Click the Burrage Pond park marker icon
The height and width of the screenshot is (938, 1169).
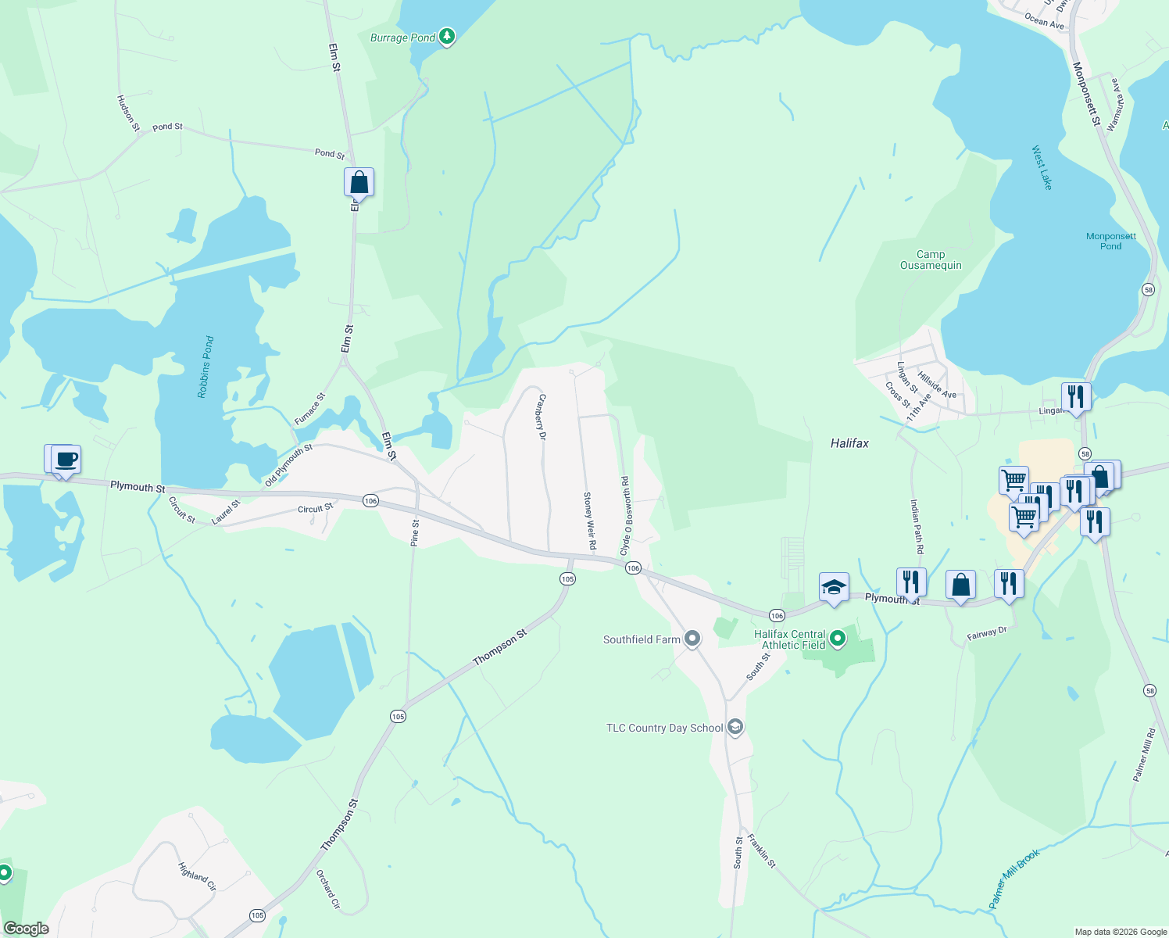point(446,36)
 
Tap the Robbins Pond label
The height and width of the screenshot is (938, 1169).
point(206,367)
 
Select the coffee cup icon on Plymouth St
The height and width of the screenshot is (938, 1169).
point(66,459)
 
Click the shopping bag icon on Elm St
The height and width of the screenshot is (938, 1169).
point(359,182)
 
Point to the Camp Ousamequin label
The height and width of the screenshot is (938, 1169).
point(931,260)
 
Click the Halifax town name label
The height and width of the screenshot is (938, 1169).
point(849,443)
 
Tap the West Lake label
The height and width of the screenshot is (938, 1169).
point(1042,167)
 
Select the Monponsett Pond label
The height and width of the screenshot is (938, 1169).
point(1110,241)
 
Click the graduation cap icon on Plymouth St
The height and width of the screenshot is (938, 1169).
point(833,587)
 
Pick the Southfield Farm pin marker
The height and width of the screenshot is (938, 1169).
point(692,639)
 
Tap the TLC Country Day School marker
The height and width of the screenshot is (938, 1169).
point(735,728)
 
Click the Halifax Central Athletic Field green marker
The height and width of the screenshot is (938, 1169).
point(838,639)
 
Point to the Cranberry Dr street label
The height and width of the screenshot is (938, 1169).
point(541,417)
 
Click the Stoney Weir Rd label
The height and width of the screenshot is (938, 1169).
point(590,520)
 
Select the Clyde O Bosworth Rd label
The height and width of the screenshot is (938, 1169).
point(625,516)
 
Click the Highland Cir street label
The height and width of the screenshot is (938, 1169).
point(197,877)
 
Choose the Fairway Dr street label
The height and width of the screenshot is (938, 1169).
point(987,633)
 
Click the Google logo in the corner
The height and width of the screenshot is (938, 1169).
point(27,929)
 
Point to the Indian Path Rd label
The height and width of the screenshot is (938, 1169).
point(917,528)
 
